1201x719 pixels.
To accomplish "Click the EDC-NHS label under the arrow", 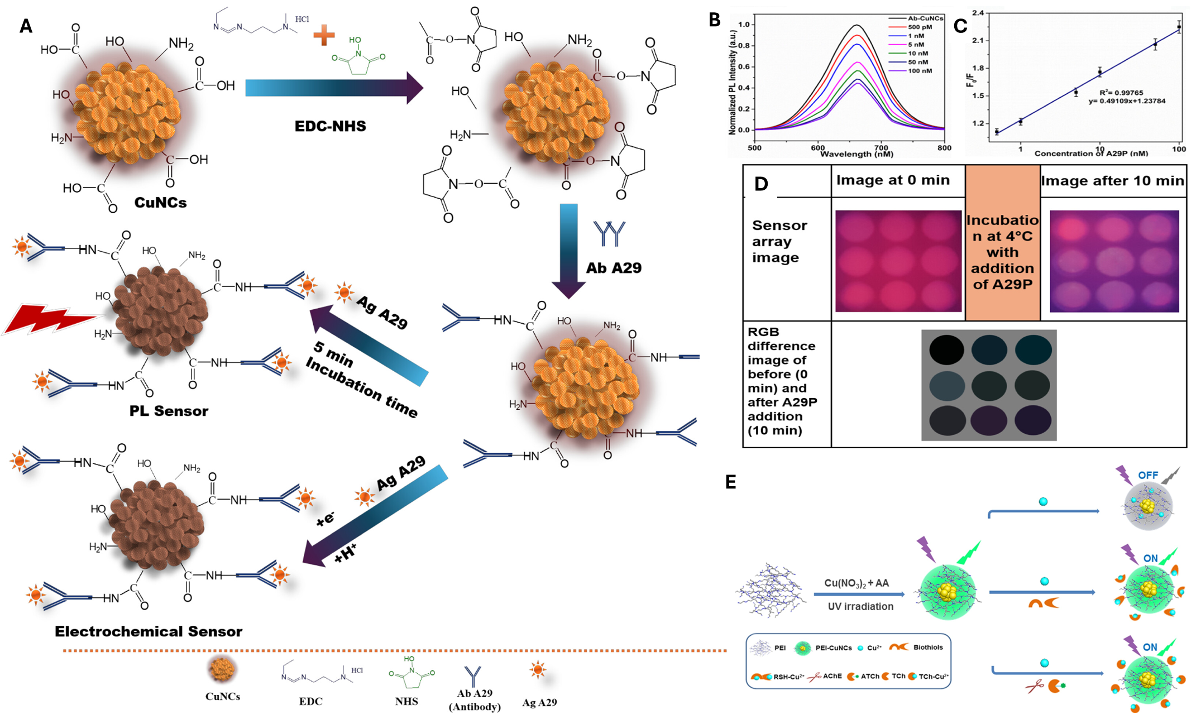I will coord(330,126).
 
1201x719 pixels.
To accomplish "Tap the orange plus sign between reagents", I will coord(324,35).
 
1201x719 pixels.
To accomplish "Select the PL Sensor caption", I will coord(169,411).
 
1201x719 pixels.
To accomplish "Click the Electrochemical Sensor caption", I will coord(149,631).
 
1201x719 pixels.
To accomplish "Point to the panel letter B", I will coord(715,20).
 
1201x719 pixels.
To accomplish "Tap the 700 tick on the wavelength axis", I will coord(881,148).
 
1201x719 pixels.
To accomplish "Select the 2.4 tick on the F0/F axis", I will coord(977,13).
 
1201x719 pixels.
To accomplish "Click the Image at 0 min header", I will coord(893,180).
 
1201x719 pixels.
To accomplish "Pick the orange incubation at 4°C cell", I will coord(1002,252).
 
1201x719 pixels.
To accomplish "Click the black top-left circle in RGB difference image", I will coord(946,349).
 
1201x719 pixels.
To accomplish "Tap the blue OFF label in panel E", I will coord(1148,475).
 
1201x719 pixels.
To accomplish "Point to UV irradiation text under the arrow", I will coord(860,606).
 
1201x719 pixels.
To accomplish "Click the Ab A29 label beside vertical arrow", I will coord(614,268).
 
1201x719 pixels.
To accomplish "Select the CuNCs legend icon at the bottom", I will coord(222,669).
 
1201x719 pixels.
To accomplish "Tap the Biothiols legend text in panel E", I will coord(928,648).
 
